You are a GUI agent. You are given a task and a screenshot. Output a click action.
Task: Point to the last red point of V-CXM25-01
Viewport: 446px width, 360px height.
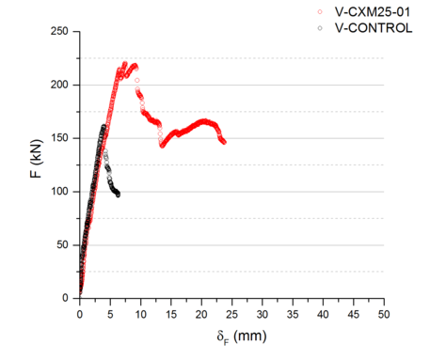pyautogui.click(x=224, y=142)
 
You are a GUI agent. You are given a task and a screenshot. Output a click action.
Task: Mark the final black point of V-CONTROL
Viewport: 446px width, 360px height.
pyautogui.click(x=118, y=195)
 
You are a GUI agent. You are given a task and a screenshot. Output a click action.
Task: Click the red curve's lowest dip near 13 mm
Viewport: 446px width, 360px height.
pyautogui.click(x=162, y=146)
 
